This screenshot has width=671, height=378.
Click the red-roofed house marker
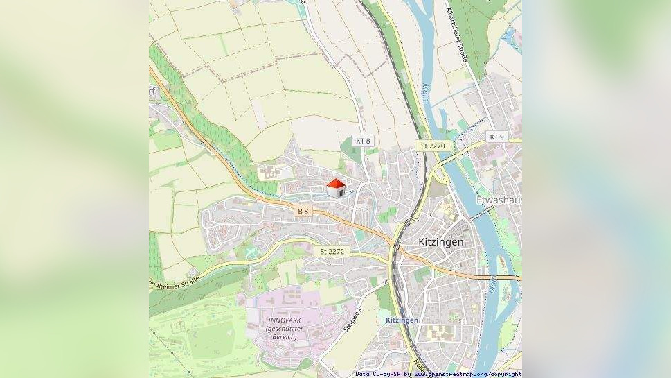336,189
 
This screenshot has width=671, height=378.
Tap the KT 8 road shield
363,141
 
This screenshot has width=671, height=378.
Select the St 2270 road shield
433,146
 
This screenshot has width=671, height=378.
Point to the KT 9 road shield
496,137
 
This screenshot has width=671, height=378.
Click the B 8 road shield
303,210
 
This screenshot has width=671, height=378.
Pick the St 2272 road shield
332,251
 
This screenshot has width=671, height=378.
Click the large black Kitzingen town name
441,242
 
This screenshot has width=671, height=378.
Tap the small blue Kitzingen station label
402,320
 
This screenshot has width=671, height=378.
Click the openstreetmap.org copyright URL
467,374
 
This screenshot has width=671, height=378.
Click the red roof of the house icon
336,183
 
